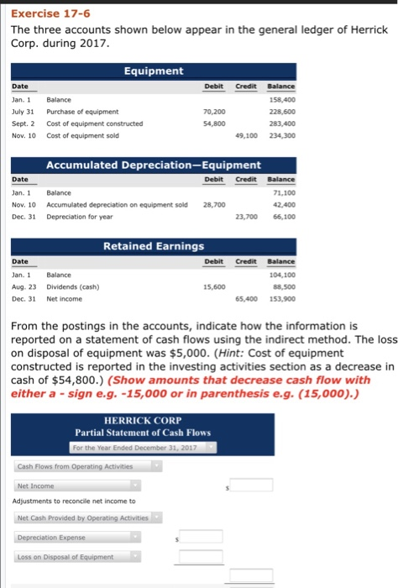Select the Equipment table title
(x=154, y=71)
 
